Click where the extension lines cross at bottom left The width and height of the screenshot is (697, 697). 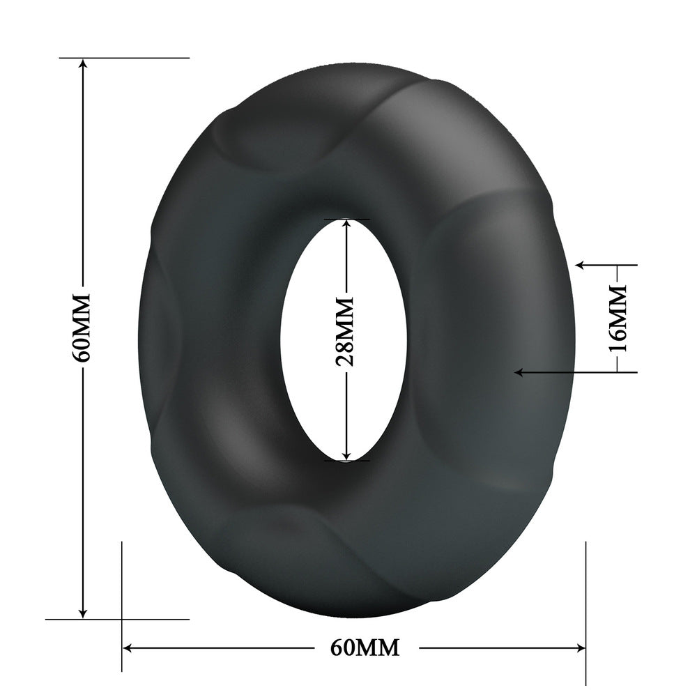122,618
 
